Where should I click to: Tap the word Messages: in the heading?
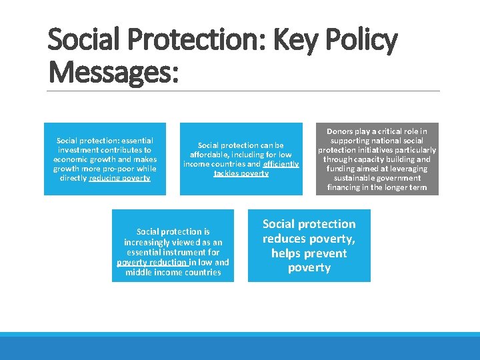[x=113, y=72]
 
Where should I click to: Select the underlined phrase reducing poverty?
[x=119, y=178]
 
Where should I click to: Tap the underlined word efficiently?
[x=281, y=164]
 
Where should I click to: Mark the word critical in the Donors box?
[x=389, y=131]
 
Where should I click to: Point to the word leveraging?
[x=411, y=169]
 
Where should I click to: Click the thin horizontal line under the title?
[x=244, y=91]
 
